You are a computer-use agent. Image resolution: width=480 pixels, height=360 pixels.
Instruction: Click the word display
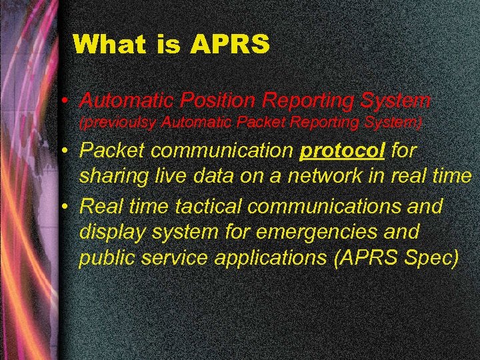click(114, 232)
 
